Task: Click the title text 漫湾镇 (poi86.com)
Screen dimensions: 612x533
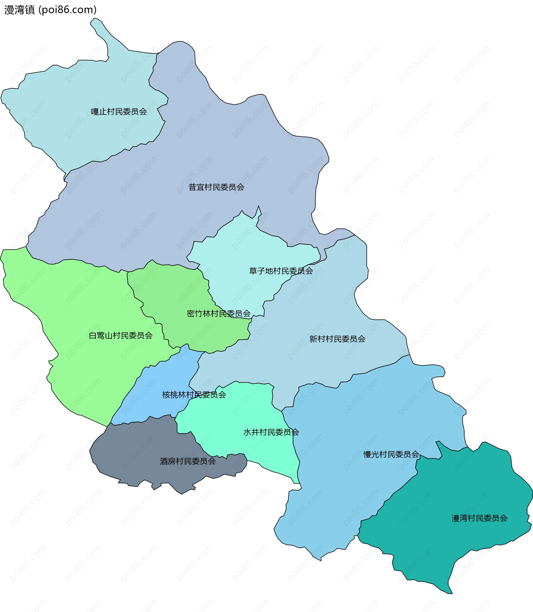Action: point(51,10)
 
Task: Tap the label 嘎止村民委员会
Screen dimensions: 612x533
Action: point(119,112)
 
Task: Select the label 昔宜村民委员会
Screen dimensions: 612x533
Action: point(216,187)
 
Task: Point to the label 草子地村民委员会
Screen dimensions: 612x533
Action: point(281,271)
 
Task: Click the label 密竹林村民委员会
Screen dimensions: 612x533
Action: point(219,313)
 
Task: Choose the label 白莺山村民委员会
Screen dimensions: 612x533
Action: point(120,336)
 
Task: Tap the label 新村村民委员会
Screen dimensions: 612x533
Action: point(337,339)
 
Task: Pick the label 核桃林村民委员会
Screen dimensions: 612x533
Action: point(194,395)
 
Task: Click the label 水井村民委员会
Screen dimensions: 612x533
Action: point(271,432)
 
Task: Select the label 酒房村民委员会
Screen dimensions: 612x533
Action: point(188,461)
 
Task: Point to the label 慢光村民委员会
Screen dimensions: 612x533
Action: point(391,454)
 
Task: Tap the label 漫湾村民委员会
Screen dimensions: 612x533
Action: point(479,519)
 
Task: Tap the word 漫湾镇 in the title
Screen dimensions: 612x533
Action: point(20,10)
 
